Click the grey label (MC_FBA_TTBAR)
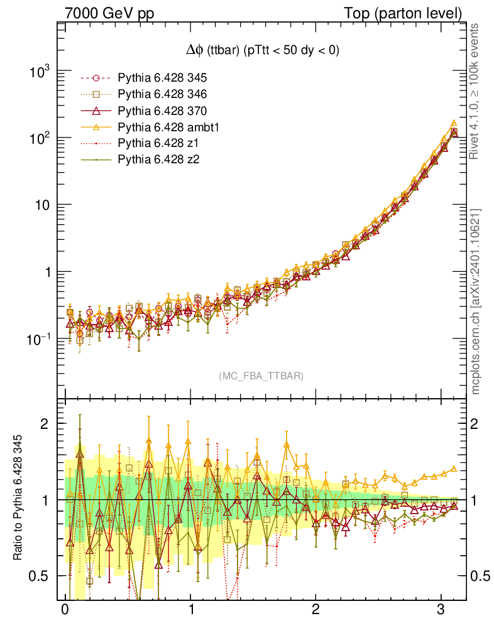click(x=261, y=376)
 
